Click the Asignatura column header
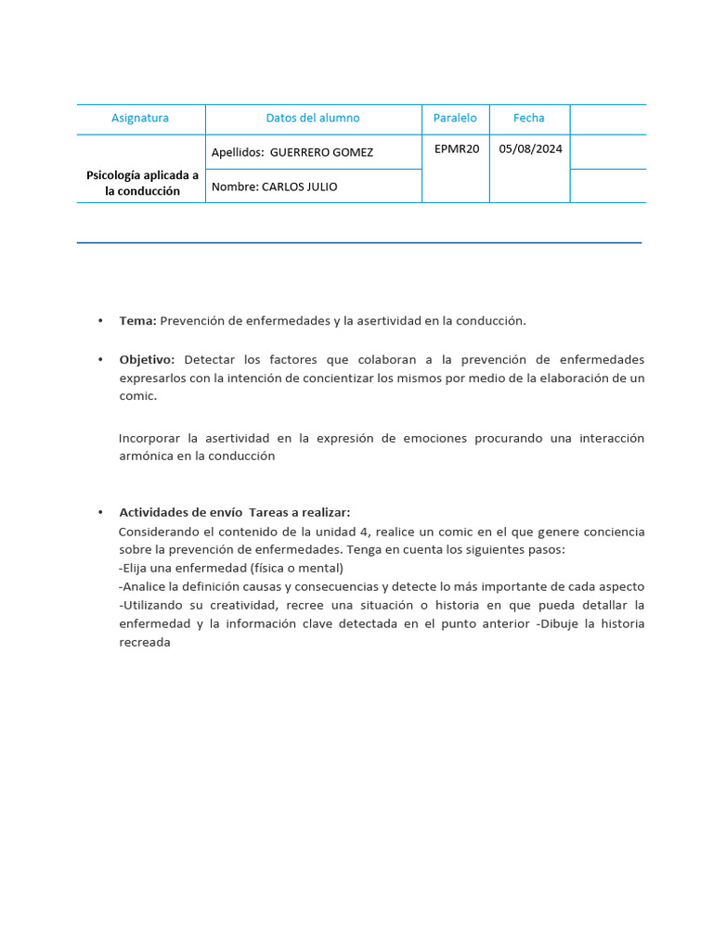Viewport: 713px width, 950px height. click(x=140, y=118)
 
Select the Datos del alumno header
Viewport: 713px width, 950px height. click(x=313, y=118)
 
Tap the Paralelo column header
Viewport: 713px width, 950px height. click(x=455, y=118)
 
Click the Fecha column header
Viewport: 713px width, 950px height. click(x=529, y=118)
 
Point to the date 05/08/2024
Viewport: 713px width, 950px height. click(x=530, y=148)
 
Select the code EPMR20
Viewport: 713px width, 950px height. click(x=457, y=148)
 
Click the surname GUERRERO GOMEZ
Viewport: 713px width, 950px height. click(x=321, y=152)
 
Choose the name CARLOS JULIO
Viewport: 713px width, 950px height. click(x=300, y=186)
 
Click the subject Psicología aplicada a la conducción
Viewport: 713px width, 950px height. click(x=142, y=183)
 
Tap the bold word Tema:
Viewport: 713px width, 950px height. click(x=138, y=321)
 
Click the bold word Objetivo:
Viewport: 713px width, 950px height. click(x=147, y=359)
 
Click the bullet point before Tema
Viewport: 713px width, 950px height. click(x=99, y=321)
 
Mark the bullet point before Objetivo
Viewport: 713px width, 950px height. click(x=99, y=359)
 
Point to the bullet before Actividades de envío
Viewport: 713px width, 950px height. click(x=99, y=513)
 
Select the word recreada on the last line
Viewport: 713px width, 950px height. click(x=145, y=643)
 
